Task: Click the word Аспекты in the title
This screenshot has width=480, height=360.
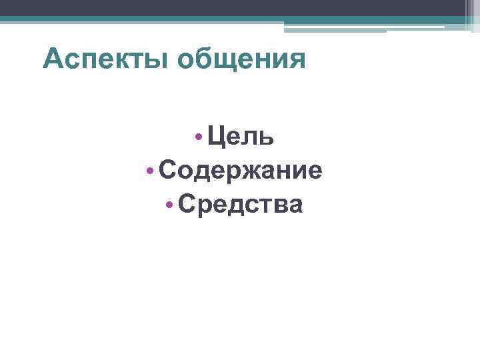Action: pos(106,59)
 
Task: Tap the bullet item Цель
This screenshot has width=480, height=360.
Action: pos(240,137)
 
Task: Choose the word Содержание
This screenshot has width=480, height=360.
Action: pos(241,171)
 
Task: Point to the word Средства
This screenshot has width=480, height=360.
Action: pos(240,205)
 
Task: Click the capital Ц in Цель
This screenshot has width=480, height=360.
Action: pos(216,137)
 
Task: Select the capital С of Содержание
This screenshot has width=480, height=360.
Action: pos(168,171)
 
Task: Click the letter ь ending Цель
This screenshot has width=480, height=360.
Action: pos(266,137)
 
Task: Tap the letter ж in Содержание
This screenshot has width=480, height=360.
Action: pos(240,171)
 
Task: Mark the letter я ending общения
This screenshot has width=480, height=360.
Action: pos(297,61)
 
